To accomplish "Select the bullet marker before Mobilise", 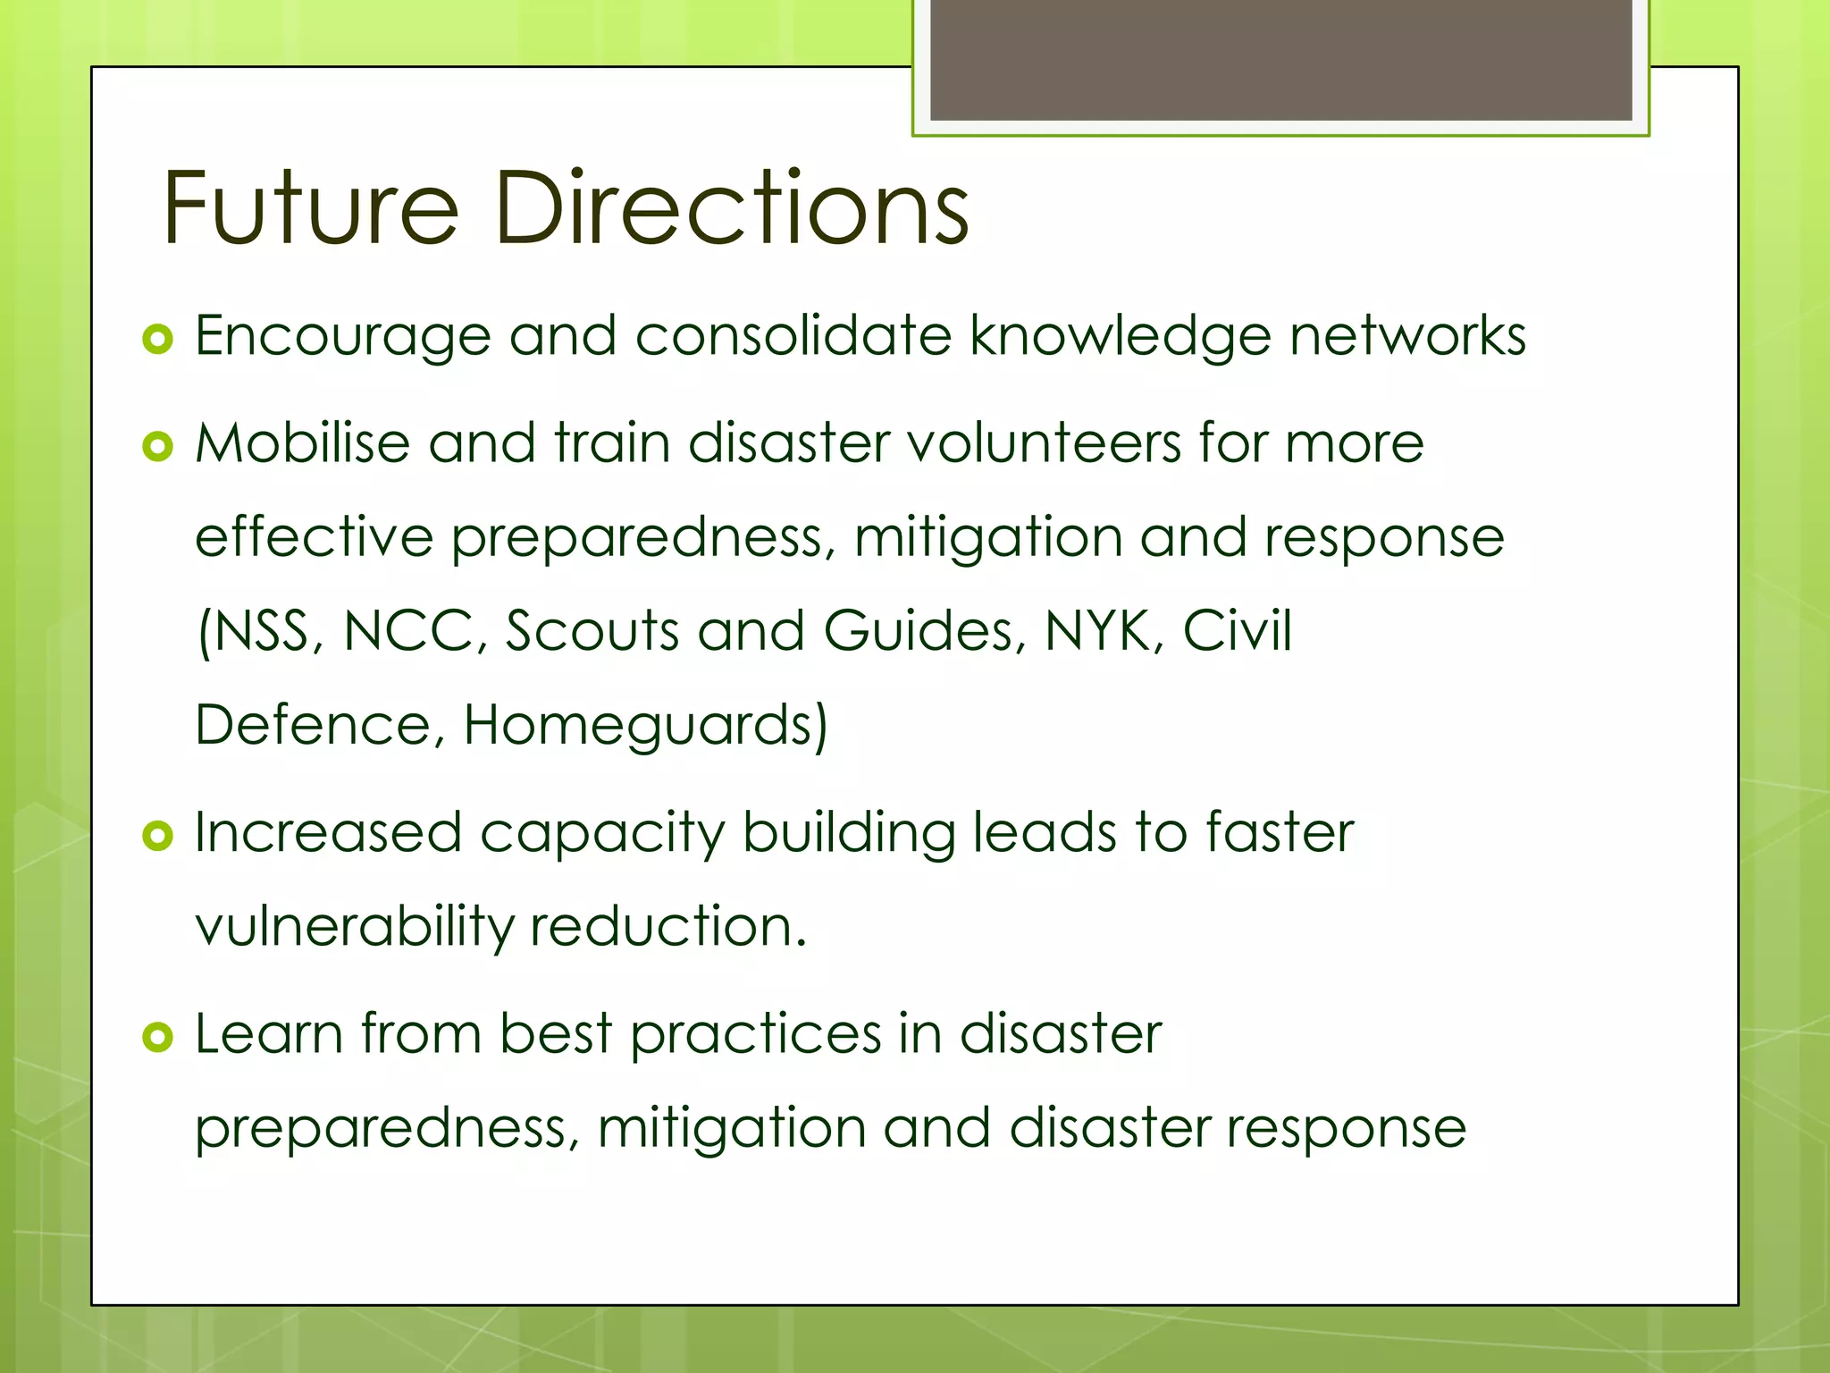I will point(157,446).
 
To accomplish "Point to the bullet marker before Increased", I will point(157,836).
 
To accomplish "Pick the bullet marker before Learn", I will point(157,1037).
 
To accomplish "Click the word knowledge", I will point(1121,337).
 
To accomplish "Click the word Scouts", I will point(593,631).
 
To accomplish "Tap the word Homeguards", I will point(645,725).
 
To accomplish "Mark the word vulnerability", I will point(354,927).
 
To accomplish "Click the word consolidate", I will point(793,337).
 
